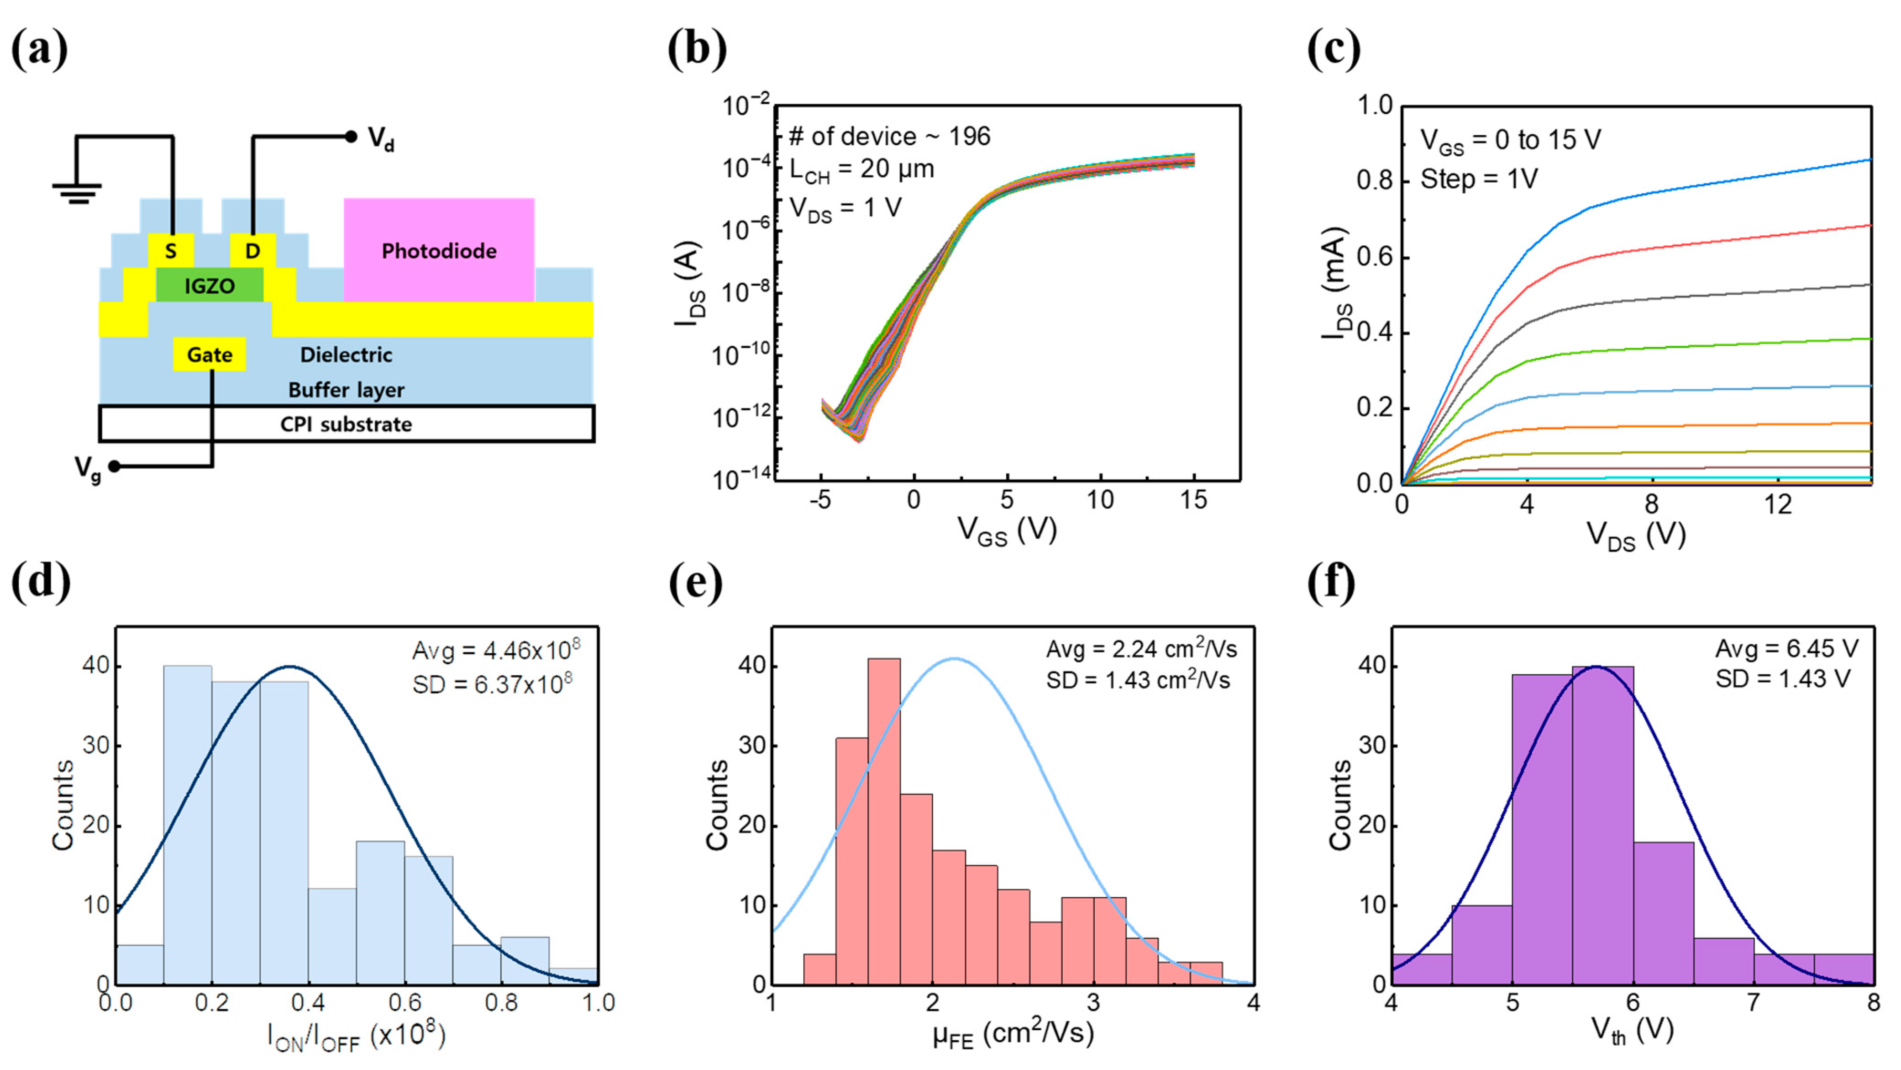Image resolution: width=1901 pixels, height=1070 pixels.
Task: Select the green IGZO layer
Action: coord(210,285)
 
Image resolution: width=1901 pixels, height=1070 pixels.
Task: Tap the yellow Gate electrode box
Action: coord(210,355)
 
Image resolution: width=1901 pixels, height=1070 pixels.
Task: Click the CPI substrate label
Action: coord(346,424)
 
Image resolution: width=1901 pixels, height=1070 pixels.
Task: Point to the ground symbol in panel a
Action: coord(77,192)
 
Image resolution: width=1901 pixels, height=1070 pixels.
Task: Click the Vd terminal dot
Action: coord(351,137)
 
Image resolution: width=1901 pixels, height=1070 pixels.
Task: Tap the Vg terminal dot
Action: coord(115,466)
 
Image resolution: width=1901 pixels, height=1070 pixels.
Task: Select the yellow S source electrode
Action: coord(170,250)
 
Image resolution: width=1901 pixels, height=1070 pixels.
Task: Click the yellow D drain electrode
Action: coord(252,250)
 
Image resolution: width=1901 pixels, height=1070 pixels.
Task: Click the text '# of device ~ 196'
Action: coord(889,137)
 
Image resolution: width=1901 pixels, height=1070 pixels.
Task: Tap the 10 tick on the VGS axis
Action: coord(1100,500)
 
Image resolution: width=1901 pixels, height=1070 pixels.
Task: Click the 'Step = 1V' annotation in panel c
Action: coord(1479,180)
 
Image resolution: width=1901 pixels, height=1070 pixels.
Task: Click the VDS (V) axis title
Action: coord(1636,535)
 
